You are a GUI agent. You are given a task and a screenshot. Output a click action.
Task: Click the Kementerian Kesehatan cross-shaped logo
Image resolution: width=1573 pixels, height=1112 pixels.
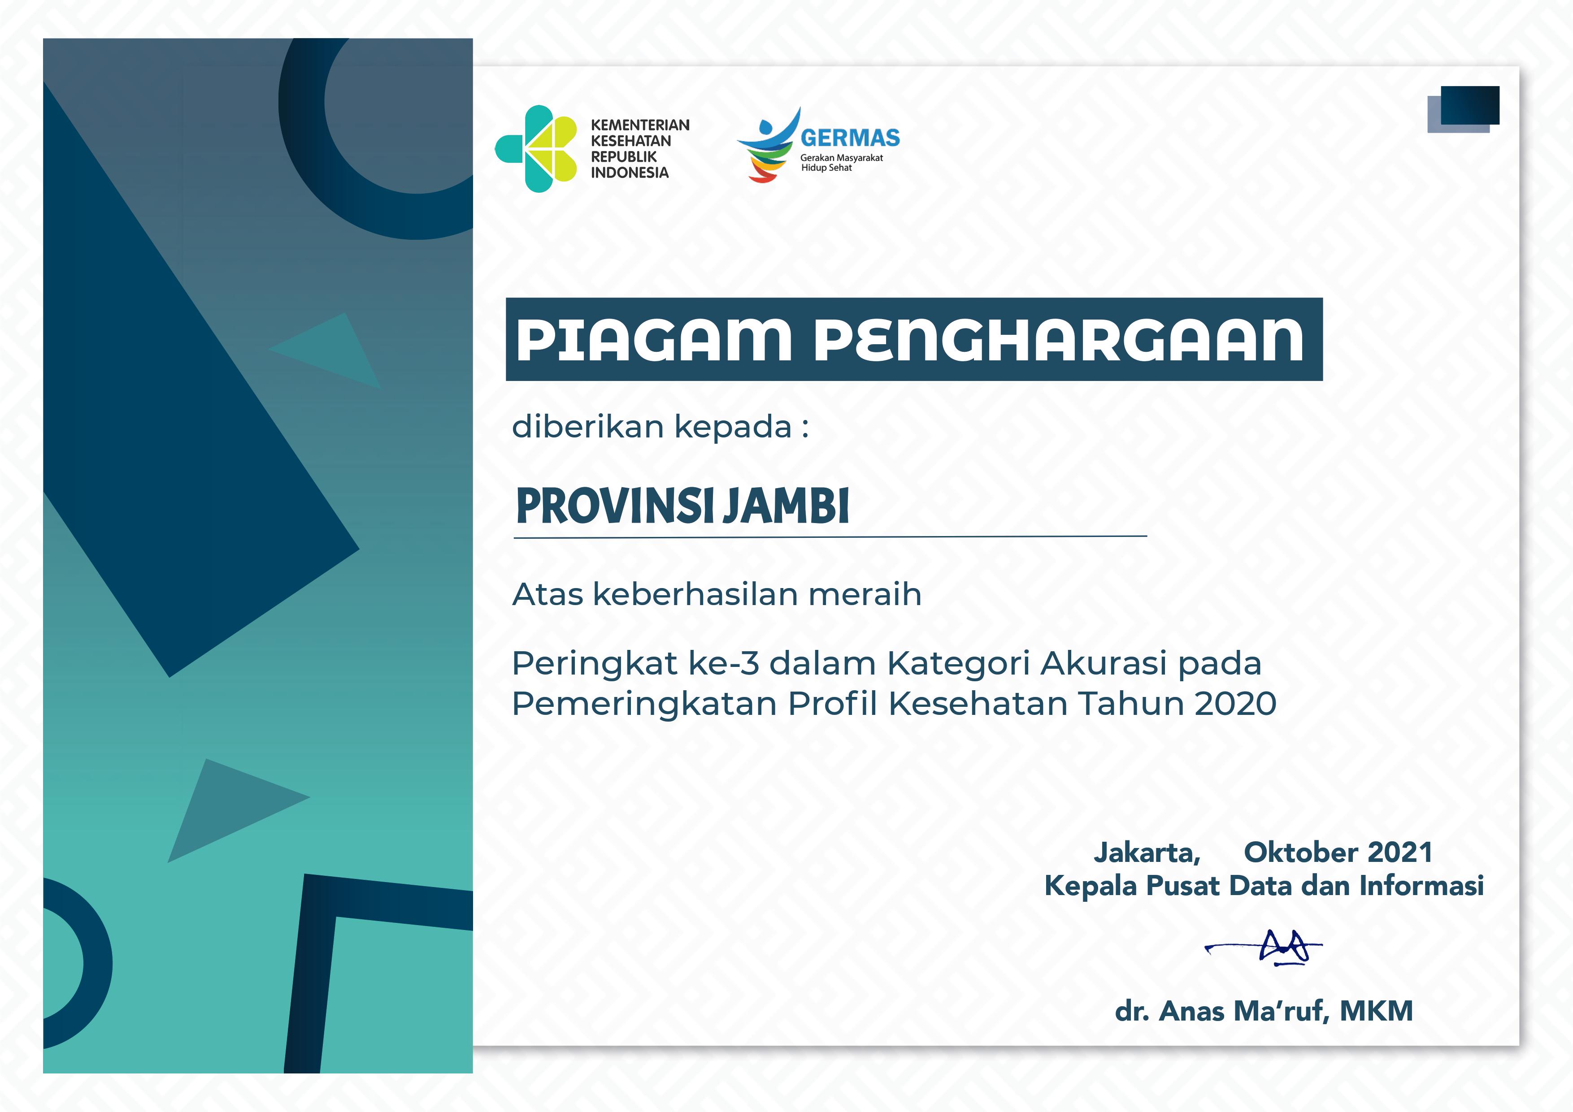536,149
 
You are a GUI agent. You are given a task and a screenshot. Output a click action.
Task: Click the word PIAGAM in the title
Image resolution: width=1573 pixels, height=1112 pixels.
654,340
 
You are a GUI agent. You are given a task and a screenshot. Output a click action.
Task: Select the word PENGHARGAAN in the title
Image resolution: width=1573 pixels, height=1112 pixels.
1059,340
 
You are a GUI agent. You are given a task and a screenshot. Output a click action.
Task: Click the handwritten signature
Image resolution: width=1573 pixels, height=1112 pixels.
1263,948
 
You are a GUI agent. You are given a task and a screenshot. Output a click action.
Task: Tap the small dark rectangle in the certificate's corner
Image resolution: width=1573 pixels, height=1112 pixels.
1470,105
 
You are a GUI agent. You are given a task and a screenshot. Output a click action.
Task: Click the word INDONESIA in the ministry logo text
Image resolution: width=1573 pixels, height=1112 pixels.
630,173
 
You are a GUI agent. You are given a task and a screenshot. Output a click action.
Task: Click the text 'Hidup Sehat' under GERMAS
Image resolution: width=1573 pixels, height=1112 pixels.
826,168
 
